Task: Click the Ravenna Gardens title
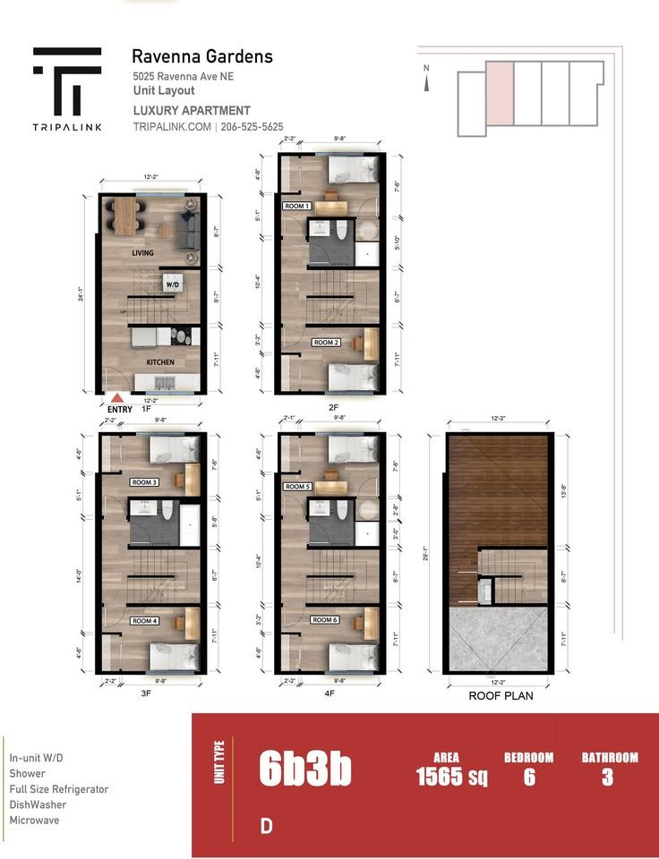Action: (202, 57)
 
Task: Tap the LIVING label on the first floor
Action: (143, 253)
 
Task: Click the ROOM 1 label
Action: (296, 206)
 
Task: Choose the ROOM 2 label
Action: (325, 343)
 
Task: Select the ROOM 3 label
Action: (144, 482)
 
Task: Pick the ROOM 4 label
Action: (144, 620)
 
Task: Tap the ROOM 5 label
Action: (296, 487)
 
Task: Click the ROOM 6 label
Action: (324, 619)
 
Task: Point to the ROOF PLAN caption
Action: (501, 694)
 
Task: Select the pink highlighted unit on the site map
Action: (499, 93)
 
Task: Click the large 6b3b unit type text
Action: (304, 769)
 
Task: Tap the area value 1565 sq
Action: (452, 777)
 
